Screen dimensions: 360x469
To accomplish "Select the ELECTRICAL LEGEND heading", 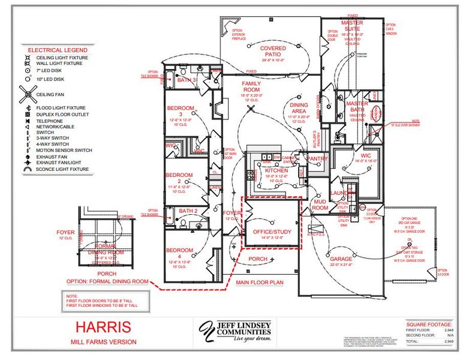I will coord(58,50).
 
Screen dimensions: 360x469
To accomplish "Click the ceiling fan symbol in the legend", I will coord(28,94).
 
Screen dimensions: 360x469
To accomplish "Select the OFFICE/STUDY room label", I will coord(272,232).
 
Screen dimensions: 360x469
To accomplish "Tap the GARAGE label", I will coord(341,259).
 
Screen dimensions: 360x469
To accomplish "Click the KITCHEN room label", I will coord(276,171).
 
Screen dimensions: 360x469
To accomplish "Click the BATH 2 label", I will coord(188,211).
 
